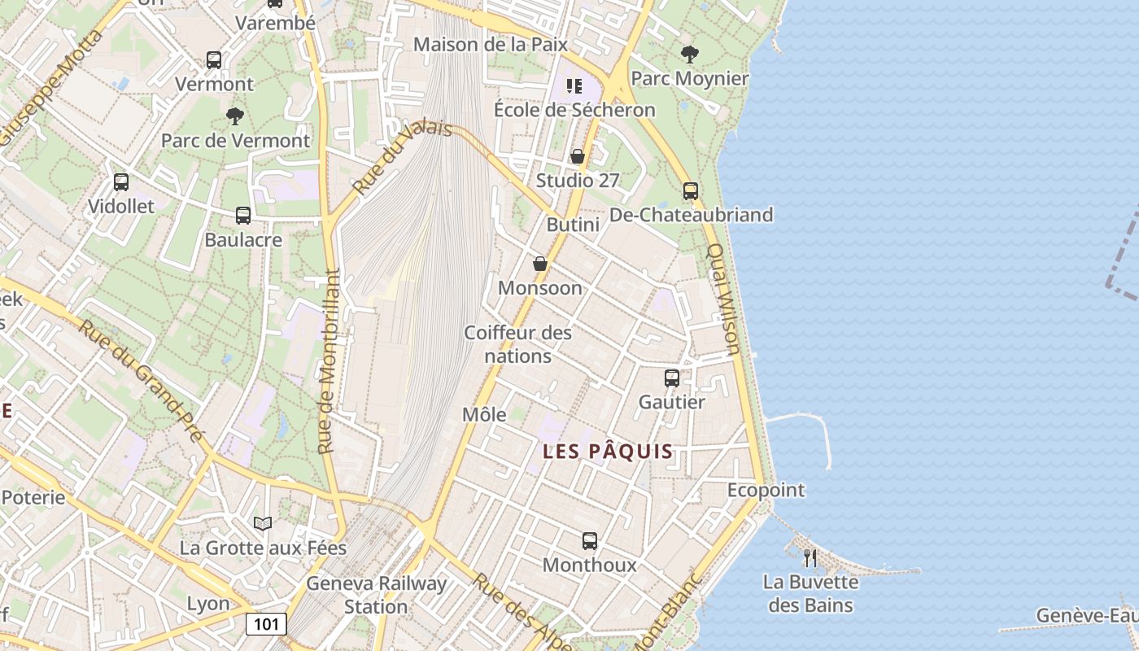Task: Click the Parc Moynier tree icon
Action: tap(689, 55)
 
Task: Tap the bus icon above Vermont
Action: tap(214, 60)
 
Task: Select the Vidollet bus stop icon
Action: tap(121, 182)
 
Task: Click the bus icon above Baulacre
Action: tap(242, 216)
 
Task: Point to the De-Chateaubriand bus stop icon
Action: tap(691, 191)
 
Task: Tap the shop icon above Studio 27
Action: tap(578, 156)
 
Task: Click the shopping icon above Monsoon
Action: tap(539, 264)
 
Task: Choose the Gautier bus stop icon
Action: tap(672, 378)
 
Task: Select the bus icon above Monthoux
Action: tap(590, 540)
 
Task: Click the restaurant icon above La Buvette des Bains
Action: tap(810, 557)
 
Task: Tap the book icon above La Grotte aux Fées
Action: tap(262, 523)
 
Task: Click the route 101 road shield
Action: tap(266, 624)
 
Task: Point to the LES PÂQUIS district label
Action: tap(608, 452)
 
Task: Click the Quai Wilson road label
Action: tap(722, 299)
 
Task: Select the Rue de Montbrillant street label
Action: tap(327, 361)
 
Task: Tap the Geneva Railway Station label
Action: tap(376, 595)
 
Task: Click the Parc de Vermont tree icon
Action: tap(235, 116)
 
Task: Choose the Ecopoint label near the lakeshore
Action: tap(766, 490)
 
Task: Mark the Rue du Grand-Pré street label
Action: tap(139, 380)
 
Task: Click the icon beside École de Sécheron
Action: tap(574, 85)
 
